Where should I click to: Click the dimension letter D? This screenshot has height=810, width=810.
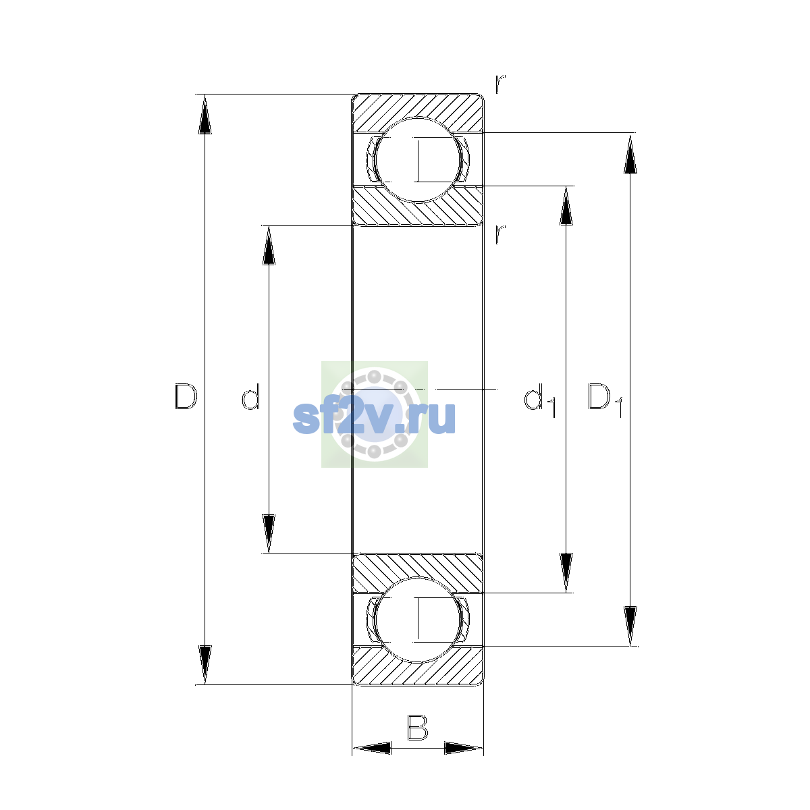coord(186,396)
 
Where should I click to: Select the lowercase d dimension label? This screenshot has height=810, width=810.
coord(251,396)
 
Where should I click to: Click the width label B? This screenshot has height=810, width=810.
coord(417,727)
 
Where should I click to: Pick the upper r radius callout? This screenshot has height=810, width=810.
coord(500,84)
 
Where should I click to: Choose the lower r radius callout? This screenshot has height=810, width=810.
coord(500,234)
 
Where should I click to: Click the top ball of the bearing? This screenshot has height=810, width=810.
coord(417,160)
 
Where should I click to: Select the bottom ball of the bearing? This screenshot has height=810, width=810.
coord(417,620)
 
